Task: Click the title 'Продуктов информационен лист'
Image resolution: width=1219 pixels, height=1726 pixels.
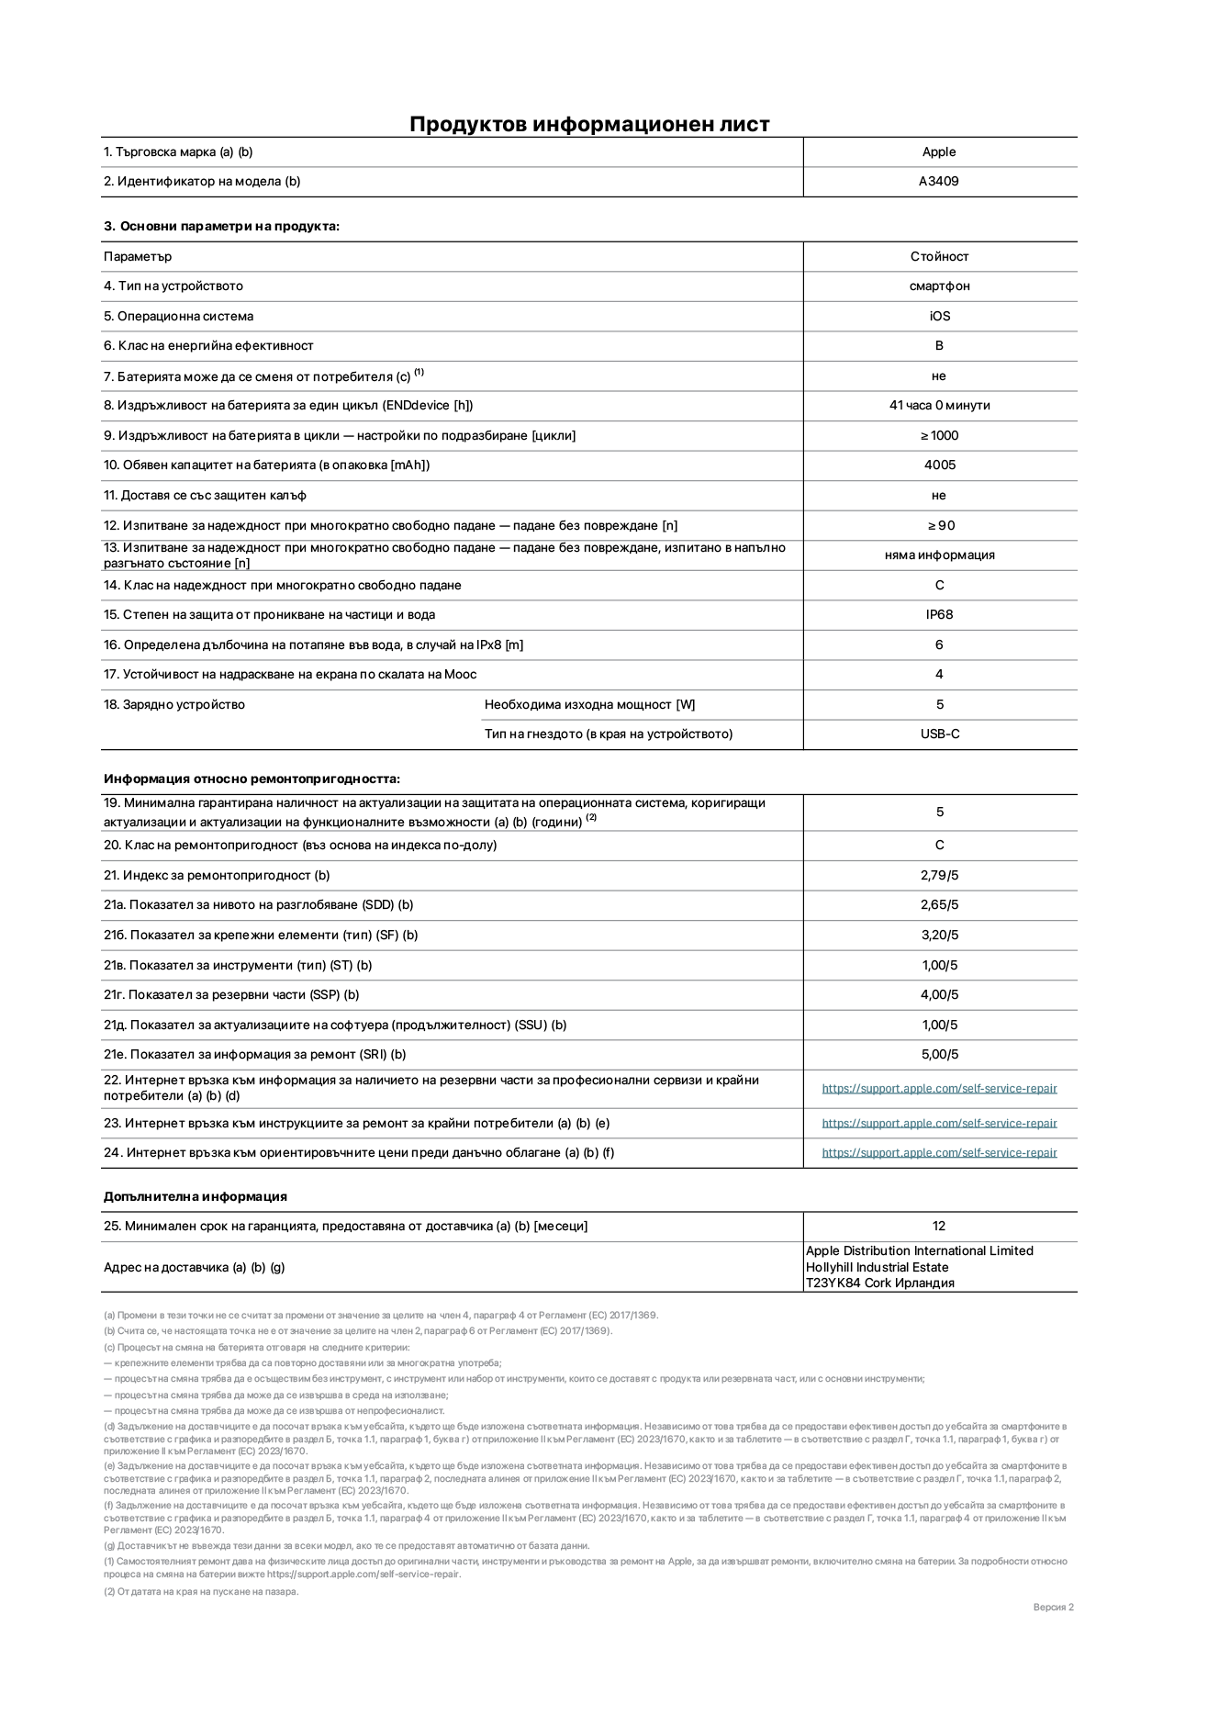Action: (x=589, y=124)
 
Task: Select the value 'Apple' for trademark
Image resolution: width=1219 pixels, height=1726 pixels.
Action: (x=939, y=152)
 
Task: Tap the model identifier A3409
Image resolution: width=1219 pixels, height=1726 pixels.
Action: (x=939, y=182)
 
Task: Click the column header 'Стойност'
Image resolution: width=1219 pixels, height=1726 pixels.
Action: (x=939, y=257)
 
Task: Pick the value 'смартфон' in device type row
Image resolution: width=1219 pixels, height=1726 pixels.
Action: (x=939, y=286)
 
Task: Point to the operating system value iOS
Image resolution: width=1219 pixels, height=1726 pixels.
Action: (x=939, y=317)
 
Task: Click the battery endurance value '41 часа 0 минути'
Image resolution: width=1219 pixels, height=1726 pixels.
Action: (x=939, y=406)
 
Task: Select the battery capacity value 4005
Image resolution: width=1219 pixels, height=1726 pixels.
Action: (x=939, y=465)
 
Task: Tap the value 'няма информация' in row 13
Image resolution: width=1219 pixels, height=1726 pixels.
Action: (x=939, y=555)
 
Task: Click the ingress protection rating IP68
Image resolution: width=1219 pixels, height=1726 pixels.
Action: (x=939, y=615)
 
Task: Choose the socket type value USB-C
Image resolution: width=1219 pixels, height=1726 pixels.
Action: (x=939, y=734)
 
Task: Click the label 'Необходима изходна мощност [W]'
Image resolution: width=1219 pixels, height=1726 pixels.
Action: (x=589, y=705)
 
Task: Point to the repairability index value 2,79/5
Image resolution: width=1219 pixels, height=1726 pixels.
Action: (x=939, y=876)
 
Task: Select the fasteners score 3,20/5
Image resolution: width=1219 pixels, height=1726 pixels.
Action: (x=939, y=936)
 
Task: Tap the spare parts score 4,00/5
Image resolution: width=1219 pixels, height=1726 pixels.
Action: (x=939, y=995)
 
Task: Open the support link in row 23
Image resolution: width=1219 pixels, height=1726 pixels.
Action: (x=939, y=1124)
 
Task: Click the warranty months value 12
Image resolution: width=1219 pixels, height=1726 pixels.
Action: (x=939, y=1227)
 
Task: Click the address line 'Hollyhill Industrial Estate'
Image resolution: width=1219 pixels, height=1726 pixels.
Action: (x=877, y=1268)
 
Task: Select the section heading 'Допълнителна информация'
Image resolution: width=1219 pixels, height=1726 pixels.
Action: (x=195, y=1197)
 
